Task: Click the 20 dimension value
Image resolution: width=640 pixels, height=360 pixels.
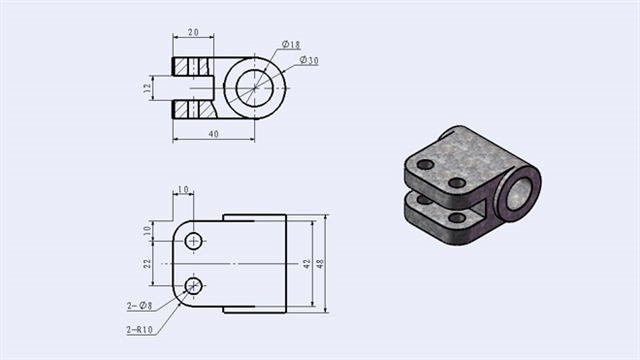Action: pyautogui.click(x=194, y=32)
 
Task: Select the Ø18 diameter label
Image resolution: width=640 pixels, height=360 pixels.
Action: pyautogui.click(x=291, y=45)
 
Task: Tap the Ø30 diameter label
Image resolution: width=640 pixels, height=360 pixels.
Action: pyautogui.click(x=308, y=61)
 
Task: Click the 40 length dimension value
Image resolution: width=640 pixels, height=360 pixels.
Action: pyautogui.click(x=213, y=132)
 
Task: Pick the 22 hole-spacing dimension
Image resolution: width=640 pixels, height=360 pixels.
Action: pyautogui.click(x=147, y=263)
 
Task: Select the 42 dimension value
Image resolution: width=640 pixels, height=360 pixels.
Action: pyautogui.click(x=307, y=263)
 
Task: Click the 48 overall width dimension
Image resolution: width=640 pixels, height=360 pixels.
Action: pyautogui.click(x=321, y=263)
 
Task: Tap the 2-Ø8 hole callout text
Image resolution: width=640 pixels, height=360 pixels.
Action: pyautogui.click(x=139, y=305)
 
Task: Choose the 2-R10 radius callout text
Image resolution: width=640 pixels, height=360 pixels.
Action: pyautogui.click(x=140, y=329)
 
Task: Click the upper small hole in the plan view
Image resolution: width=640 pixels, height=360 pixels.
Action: pyautogui.click(x=194, y=241)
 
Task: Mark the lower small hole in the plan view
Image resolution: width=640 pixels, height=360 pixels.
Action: pyautogui.click(x=194, y=286)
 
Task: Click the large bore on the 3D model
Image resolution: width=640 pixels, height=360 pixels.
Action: pyautogui.click(x=517, y=189)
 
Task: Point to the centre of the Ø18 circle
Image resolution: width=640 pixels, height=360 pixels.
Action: pyautogui.click(x=255, y=87)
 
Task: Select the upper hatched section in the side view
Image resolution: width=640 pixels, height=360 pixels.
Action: pyautogui.click(x=192, y=66)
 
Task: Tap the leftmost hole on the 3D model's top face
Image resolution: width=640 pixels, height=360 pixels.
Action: pyautogui.click(x=426, y=164)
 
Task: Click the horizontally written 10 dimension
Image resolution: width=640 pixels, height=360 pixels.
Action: pyautogui.click(x=183, y=189)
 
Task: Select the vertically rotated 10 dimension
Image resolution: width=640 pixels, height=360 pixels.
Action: pyautogui.click(x=146, y=229)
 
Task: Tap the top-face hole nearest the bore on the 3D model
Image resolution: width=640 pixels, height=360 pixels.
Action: pyautogui.click(x=457, y=183)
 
